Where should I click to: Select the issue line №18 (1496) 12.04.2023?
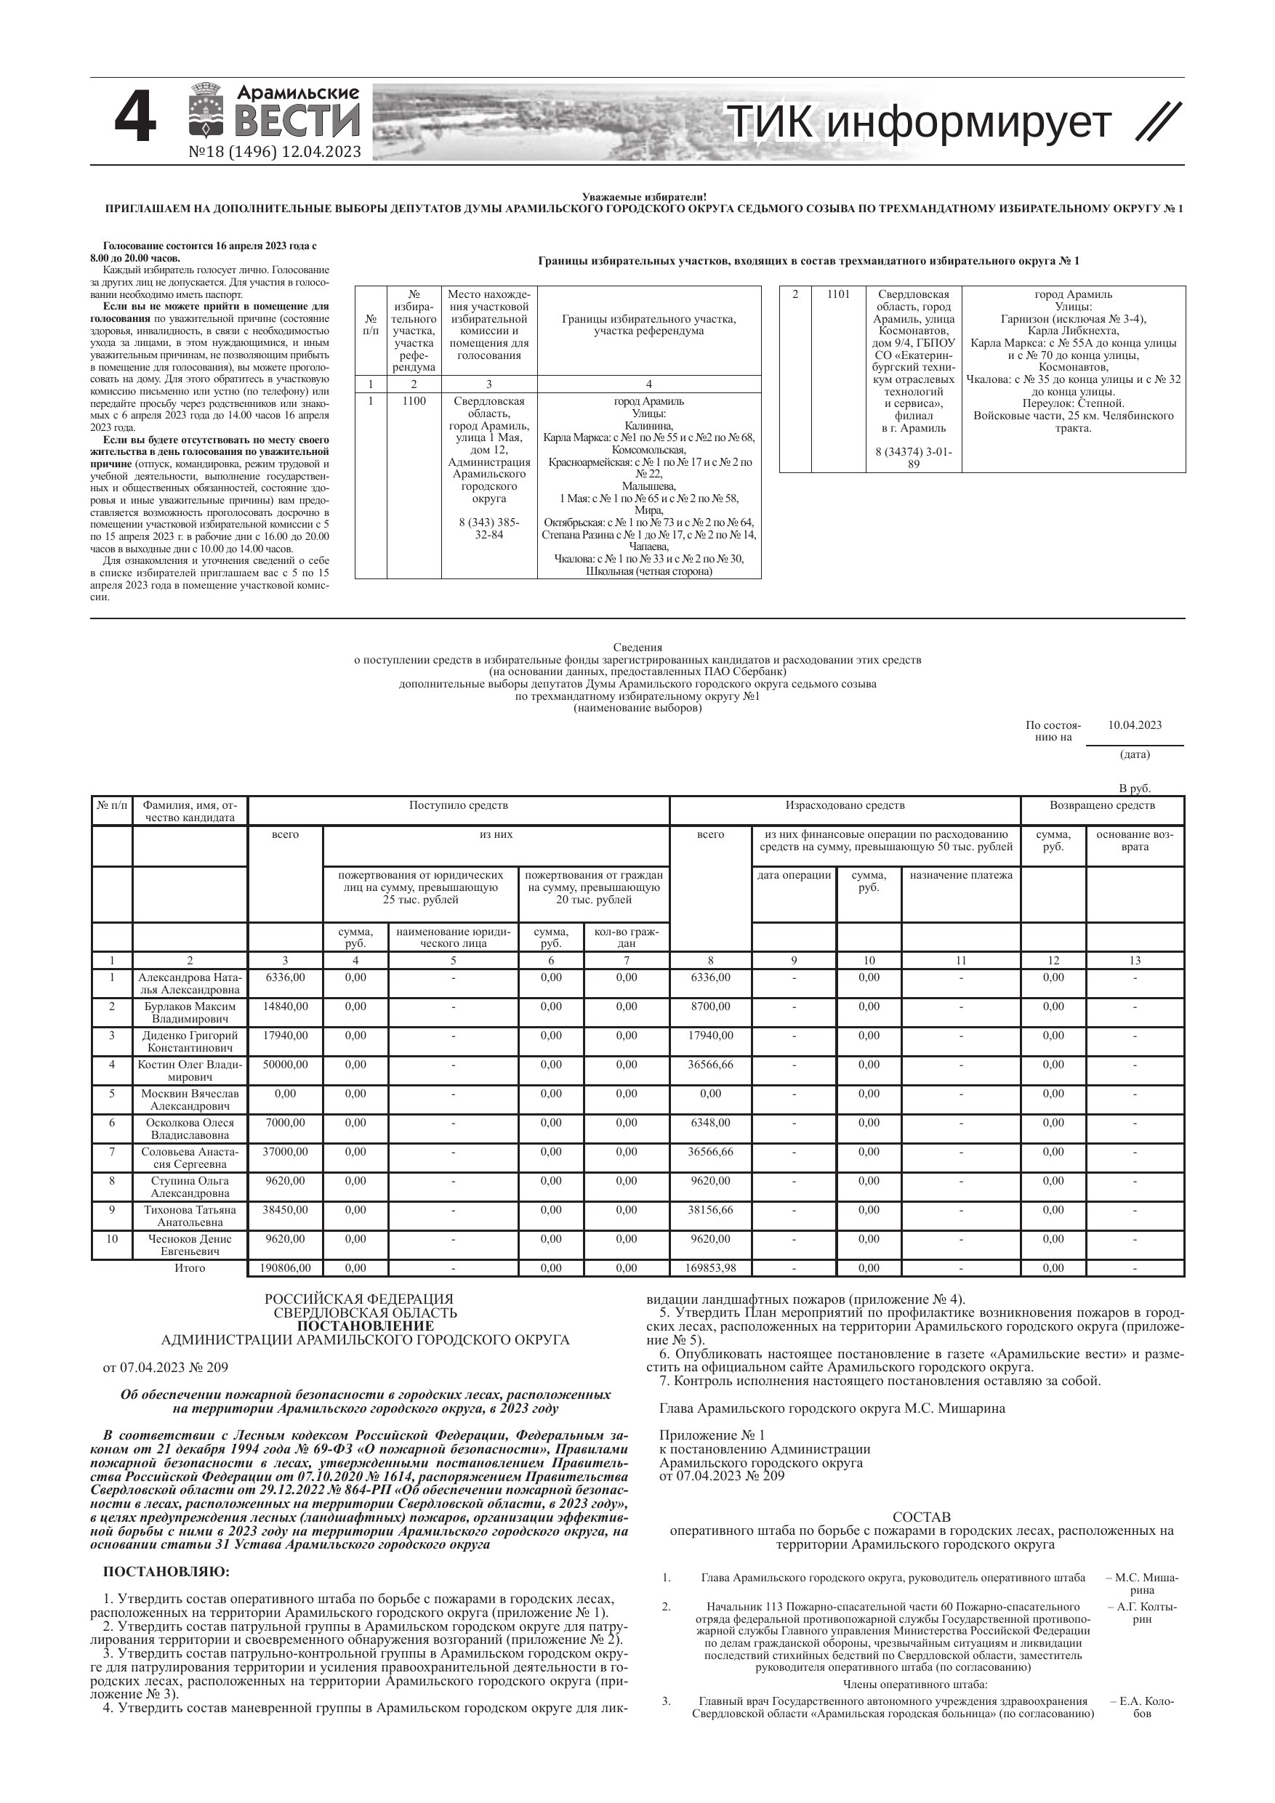(275, 152)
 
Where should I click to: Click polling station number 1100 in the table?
(414, 401)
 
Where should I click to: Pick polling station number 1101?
(838, 294)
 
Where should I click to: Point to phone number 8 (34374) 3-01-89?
(914, 458)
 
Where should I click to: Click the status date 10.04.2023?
(1135, 725)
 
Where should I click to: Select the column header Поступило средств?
(458, 805)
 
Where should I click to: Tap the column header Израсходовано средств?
(845, 805)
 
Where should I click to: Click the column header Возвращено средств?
(1101, 805)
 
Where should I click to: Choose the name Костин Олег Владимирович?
(190, 1071)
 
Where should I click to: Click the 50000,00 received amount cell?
(285, 1065)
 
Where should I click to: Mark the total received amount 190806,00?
(285, 1268)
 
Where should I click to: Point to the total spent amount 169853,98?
(710, 1268)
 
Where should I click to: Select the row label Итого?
(190, 1268)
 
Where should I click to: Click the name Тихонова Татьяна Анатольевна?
(190, 1217)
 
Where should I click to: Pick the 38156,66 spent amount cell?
(710, 1210)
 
